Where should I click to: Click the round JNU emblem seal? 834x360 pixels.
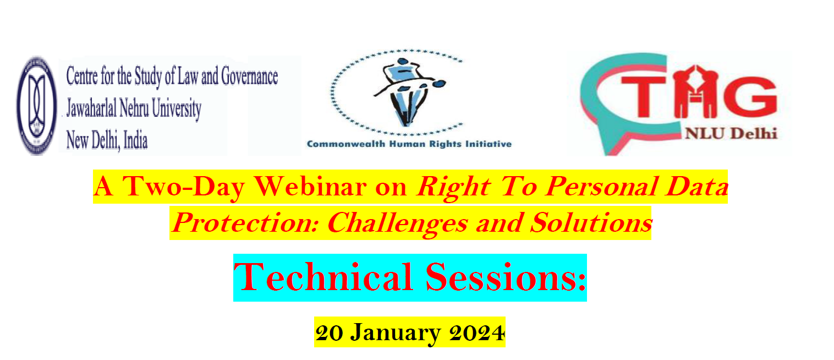coord(37,106)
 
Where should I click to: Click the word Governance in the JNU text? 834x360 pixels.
coord(249,77)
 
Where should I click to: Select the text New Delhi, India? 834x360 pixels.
coord(107,141)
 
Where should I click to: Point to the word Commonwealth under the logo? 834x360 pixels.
coord(346,144)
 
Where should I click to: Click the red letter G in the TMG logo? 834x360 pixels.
coord(750,96)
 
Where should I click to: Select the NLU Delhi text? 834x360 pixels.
coord(731,133)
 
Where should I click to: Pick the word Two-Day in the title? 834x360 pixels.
coord(184,187)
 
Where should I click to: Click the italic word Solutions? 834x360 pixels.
coord(591,223)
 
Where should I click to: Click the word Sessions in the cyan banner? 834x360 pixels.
coord(506,277)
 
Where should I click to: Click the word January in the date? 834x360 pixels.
coord(396,333)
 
